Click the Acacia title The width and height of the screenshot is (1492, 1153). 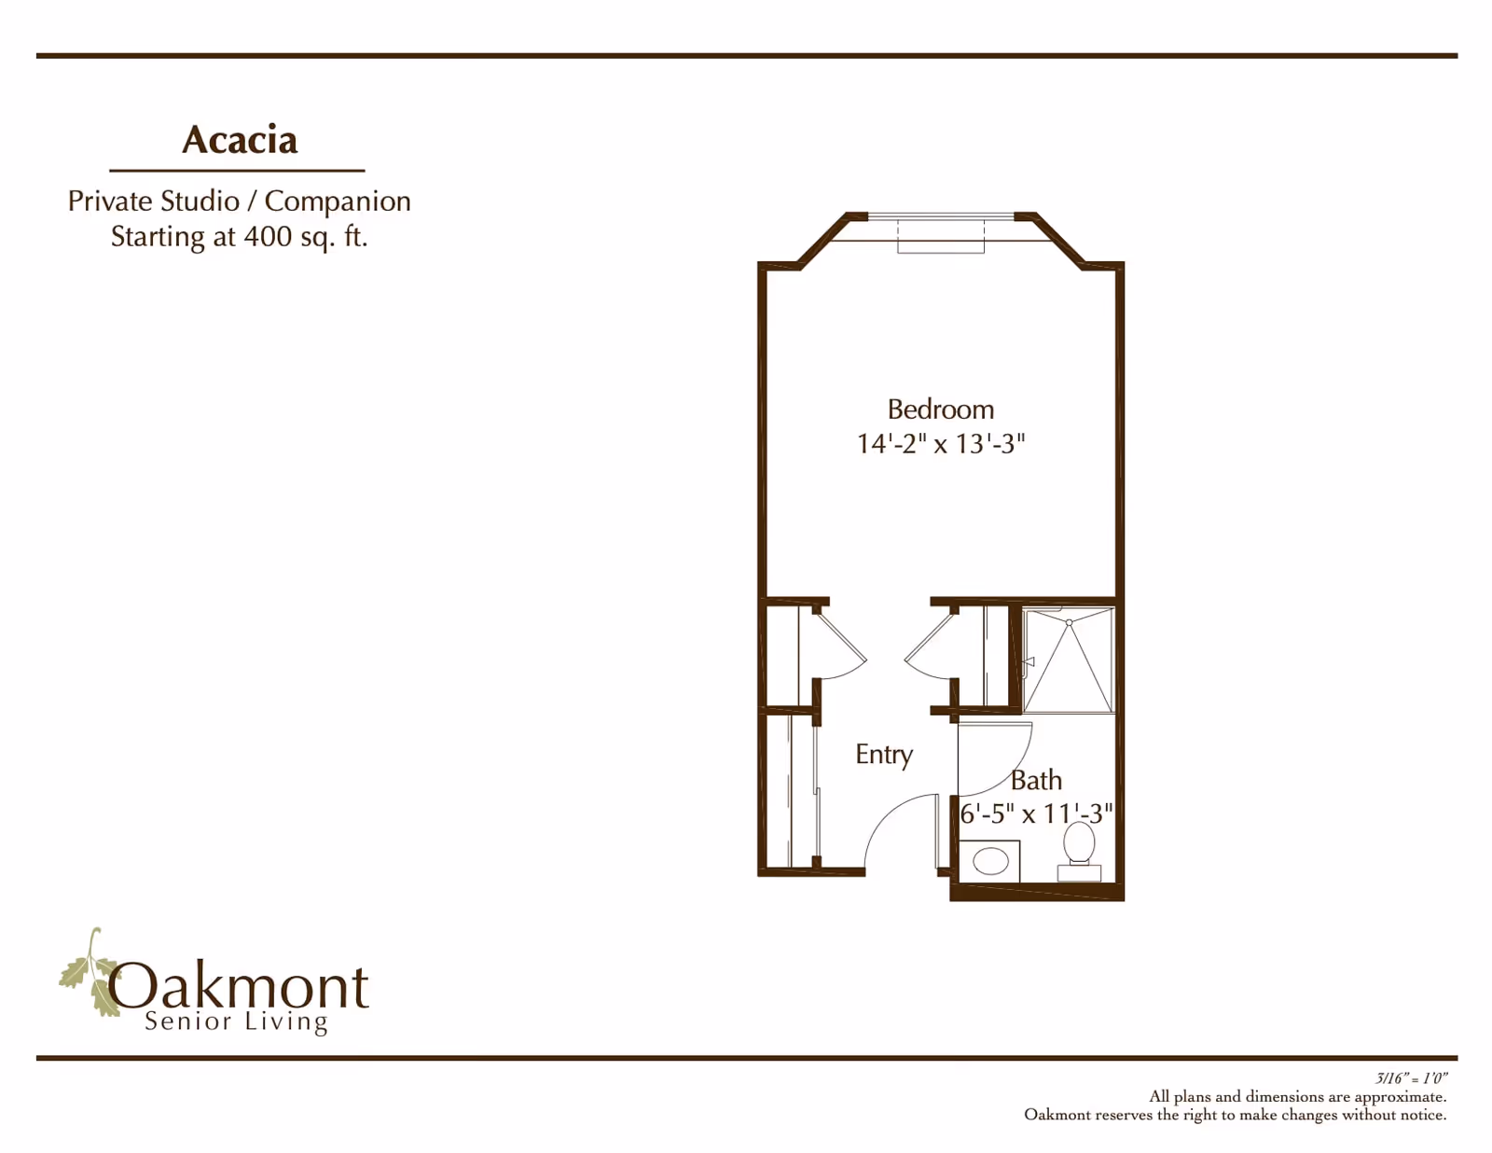[240, 140]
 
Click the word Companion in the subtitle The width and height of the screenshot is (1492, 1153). [338, 201]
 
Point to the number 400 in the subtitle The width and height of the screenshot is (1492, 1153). [269, 236]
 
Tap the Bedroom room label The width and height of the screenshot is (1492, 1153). [941, 410]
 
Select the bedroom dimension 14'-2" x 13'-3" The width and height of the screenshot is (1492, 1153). [941, 444]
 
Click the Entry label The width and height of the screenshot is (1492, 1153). [884, 755]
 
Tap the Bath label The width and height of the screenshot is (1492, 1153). [1036, 780]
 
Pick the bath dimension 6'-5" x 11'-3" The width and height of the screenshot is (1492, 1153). [1036, 813]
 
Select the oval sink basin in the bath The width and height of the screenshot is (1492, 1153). [990, 860]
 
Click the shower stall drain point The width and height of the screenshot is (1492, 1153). [1069, 623]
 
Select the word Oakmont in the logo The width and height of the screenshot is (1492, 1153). [238, 987]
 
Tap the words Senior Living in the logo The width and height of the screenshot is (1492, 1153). [236, 1021]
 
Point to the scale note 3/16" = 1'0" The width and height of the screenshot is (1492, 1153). [1411, 1078]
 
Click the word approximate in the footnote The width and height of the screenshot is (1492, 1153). [1400, 1097]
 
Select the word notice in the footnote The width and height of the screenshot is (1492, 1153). [1422, 1115]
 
